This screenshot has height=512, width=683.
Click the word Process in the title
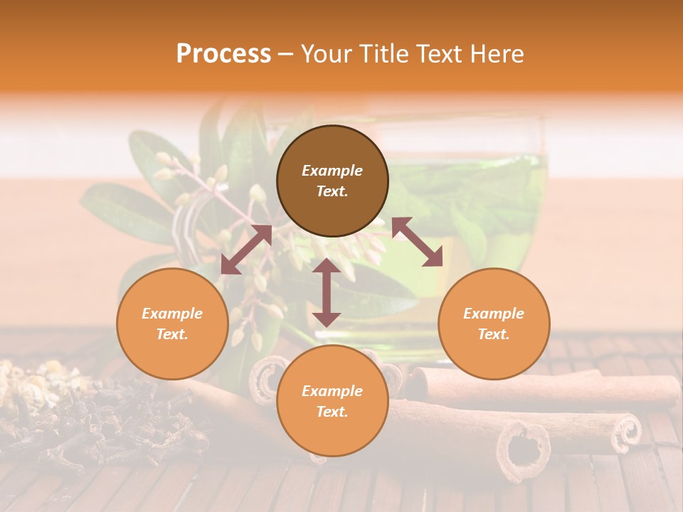click(x=223, y=54)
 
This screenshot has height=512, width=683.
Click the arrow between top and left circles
click(x=246, y=250)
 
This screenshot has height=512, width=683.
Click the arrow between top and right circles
click(x=417, y=242)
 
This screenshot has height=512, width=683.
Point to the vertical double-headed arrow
click(x=327, y=292)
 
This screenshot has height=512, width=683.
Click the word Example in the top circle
click(x=332, y=171)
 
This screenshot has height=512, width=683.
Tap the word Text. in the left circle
click(x=172, y=334)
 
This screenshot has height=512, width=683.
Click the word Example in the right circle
click(x=494, y=314)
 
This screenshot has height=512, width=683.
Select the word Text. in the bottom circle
click(x=332, y=412)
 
